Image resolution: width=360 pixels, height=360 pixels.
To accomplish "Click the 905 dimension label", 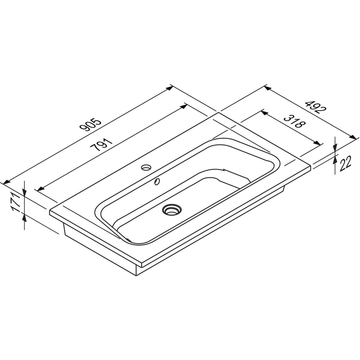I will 91,125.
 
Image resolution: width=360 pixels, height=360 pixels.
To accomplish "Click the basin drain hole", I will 171,209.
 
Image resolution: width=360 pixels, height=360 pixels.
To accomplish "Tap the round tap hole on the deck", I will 147,166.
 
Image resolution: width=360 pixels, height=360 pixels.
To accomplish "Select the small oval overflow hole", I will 157,181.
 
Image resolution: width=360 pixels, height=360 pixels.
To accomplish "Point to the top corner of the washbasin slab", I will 218,113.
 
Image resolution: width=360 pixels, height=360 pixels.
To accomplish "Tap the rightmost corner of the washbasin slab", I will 312,166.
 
